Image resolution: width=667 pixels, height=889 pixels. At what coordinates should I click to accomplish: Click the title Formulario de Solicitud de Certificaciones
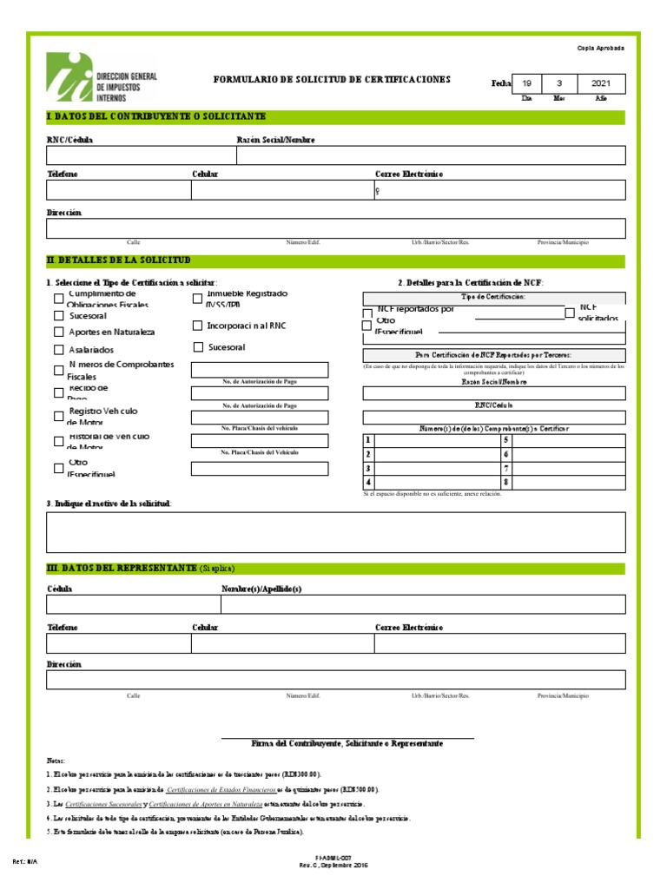(333, 80)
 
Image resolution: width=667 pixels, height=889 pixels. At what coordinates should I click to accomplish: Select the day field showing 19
(526, 83)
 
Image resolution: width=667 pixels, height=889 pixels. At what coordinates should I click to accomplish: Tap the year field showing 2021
(601, 83)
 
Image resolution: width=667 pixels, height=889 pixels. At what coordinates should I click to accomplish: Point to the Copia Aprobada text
(601, 48)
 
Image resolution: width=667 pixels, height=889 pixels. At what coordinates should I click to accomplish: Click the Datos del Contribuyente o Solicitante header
(156, 116)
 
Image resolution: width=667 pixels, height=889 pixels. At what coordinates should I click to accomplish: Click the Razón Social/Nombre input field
(430, 155)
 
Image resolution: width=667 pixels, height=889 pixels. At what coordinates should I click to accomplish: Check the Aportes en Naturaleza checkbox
(59, 333)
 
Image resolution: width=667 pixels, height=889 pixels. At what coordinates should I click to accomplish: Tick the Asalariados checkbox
(59, 351)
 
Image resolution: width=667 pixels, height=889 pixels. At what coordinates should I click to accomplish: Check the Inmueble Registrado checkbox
(197, 300)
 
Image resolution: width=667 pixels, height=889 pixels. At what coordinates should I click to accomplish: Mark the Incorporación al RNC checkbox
(197, 326)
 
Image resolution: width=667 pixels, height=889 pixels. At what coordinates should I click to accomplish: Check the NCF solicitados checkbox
(570, 313)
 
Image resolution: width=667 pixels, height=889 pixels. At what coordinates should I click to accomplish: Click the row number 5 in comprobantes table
(505, 440)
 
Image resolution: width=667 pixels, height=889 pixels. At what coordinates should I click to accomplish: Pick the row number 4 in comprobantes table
(369, 482)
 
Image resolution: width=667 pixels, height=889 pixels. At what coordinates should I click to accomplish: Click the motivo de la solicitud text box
(335, 532)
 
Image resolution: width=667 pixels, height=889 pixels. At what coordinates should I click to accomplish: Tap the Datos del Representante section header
(122, 568)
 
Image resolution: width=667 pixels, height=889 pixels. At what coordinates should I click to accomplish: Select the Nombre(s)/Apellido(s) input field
(422, 604)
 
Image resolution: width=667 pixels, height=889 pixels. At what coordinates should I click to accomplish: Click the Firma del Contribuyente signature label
(347, 744)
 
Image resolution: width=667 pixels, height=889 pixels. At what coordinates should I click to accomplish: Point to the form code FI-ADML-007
(333, 857)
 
